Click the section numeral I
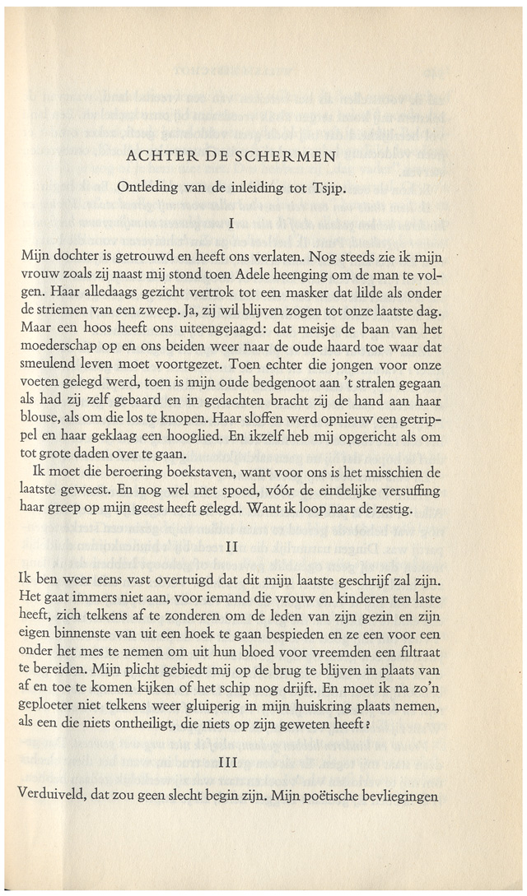pyautogui.click(x=234, y=222)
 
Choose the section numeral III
pyautogui.click(x=234, y=766)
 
